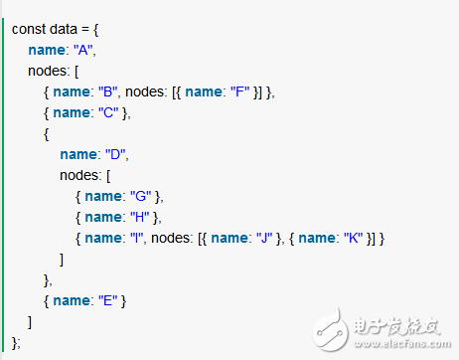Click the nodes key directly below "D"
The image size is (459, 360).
[80, 175]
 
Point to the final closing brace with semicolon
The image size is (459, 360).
[15, 341]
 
